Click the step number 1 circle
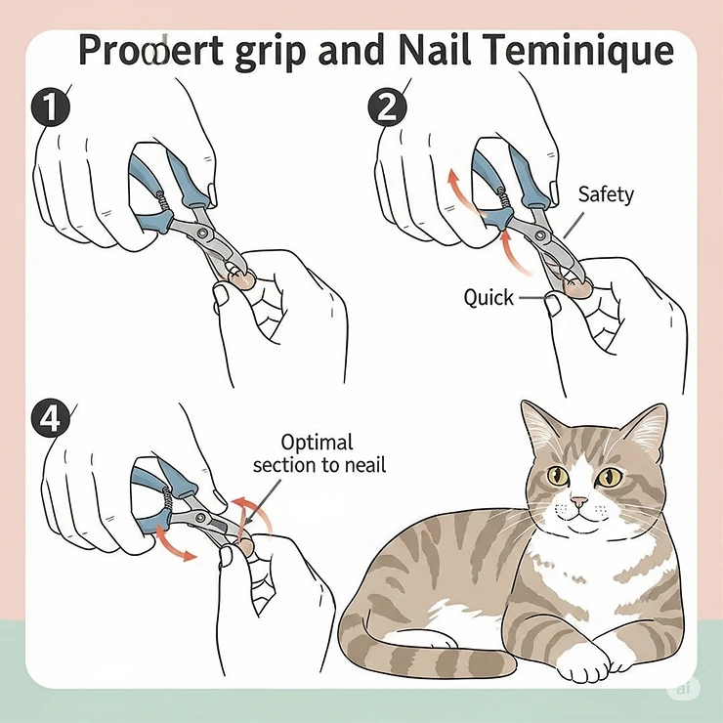coord(49,106)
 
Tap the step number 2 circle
coord(388,106)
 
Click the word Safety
coord(606,193)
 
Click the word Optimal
coord(317,442)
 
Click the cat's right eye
coord(611,477)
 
